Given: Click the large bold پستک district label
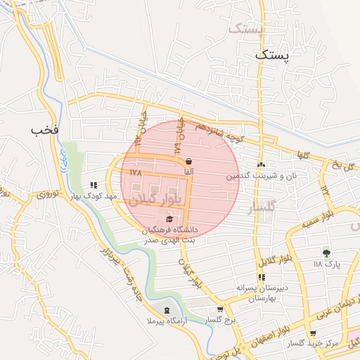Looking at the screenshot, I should tap(271, 55).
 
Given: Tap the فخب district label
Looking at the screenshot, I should tap(45, 130).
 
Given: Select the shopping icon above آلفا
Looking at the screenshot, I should tap(188, 161).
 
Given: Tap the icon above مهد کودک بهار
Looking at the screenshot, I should tap(94, 186).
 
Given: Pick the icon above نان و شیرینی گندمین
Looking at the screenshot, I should tap(261, 165).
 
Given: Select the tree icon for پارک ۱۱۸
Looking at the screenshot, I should tap(326, 252).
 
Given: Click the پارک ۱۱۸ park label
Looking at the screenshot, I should tap(326, 264).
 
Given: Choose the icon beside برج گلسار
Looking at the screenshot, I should tap(220, 309).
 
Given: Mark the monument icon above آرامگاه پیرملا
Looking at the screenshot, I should tap(167, 310).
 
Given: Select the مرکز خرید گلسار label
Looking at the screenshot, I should tap(313, 344).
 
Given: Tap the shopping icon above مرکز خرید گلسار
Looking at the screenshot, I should tap(313, 333).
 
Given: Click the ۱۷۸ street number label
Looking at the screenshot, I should tap(136, 172).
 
